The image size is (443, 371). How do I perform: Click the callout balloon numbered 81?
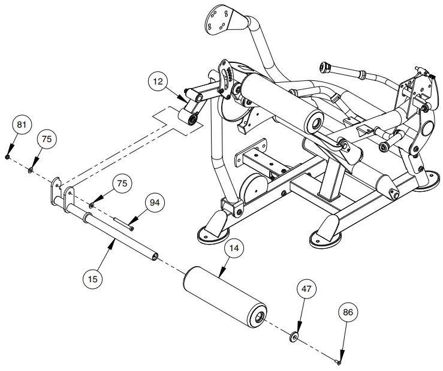(22, 125)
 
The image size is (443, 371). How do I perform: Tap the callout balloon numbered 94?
(155, 203)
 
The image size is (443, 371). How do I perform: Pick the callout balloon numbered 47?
(307, 289)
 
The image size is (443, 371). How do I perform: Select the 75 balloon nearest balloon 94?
(122, 183)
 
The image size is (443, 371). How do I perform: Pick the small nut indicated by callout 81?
(7, 156)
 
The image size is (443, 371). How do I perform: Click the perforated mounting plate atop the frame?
(219, 20)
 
